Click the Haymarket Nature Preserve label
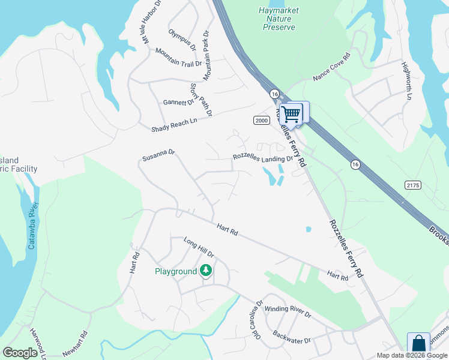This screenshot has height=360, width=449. [279, 19]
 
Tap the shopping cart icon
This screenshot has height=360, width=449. [292, 113]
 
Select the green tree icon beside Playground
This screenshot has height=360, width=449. [206, 271]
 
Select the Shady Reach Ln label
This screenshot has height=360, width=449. [174, 124]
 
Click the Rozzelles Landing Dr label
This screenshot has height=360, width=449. [262, 158]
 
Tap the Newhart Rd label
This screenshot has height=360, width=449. [76, 344]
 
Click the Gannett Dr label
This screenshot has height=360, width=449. [179, 103]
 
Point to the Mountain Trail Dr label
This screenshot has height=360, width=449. [179, 59]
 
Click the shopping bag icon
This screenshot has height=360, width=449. [418, 344]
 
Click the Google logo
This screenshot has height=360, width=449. [20, 353]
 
